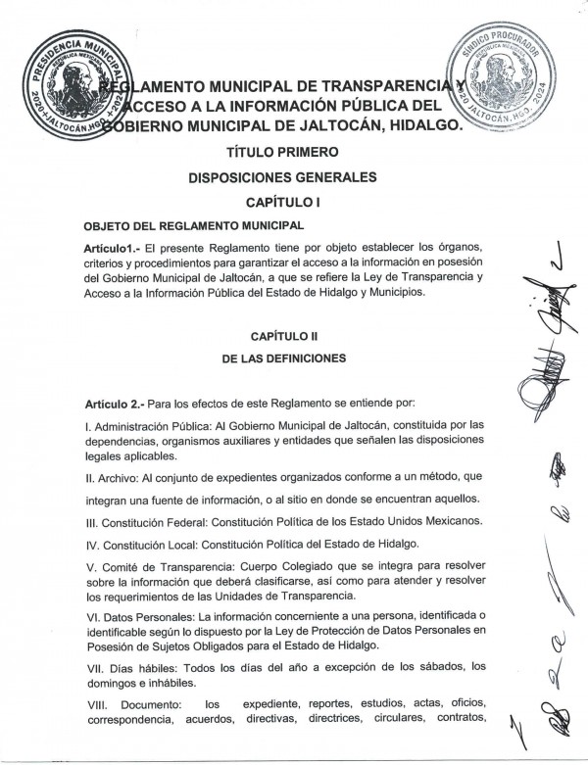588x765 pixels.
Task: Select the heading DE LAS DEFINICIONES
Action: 282,359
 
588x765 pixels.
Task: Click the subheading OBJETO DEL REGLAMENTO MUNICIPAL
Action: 176,225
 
